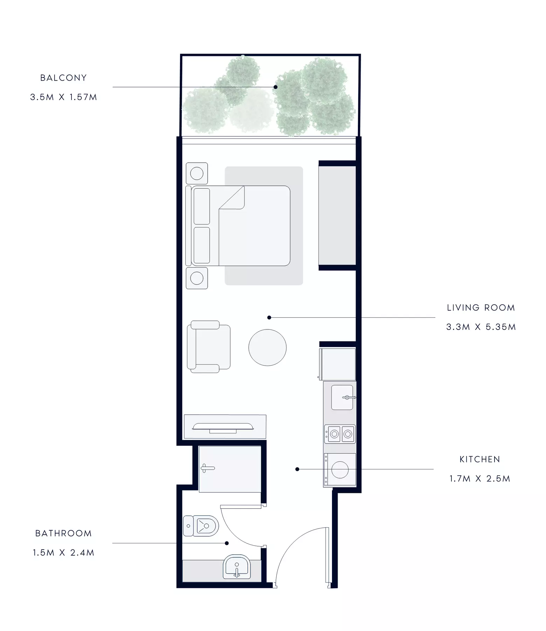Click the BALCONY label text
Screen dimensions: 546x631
pyautogui.click(x=63, y=78)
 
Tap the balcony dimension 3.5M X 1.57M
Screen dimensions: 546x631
pyautogui.click(x=63, y=97)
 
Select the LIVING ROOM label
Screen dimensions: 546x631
pyautogui.click(x=481, y=308)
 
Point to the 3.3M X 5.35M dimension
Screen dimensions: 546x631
pyautogui.click(x=481, y=327)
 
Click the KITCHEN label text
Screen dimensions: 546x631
pyautogui.click(x=480, y=459)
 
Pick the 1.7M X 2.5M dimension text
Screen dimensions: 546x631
pyautogui.click(x=480, y=479)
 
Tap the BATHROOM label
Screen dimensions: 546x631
pyautogui.click(x=63, y=533)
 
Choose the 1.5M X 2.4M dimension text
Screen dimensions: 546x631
pyautogui.click(x=63, y=552)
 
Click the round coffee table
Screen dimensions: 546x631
pyautogui.click(x=268, y=347)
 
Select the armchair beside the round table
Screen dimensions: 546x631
pyautogui.click(x=208, y=346)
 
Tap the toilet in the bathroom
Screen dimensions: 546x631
pyautogui.click(x=201, y=526)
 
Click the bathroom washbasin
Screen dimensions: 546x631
pyautogui.click(x=237, y=566)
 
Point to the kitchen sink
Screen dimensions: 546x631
pyautogui.click(x=343, y=397)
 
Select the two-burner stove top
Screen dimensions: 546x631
pyautogui.click(x=340, y=434)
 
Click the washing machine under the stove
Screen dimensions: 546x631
pyautogui.click(x=340, y=469)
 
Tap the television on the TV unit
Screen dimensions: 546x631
pyautogui.click(x=223, y=427)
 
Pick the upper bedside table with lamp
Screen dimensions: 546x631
pyautogui.click(x=197, y=173)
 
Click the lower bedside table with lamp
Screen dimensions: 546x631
pyautogui.click(x=197, y=278)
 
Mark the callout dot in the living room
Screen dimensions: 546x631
pyautogui.click(x=269, y=318)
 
